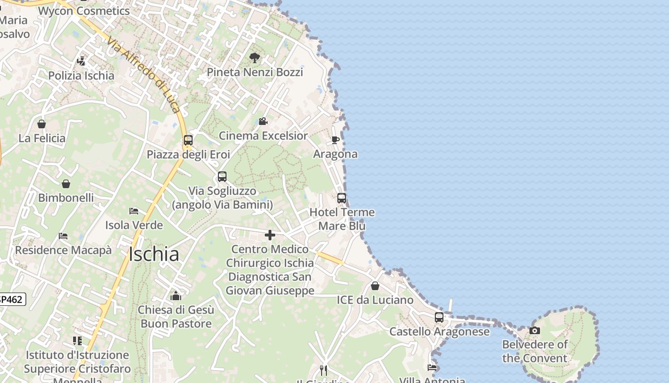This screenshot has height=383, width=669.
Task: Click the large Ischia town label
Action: point(154,254)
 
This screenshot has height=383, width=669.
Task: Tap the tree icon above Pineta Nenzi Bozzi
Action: point(255,58)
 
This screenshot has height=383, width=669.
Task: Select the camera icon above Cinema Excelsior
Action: point(263,122)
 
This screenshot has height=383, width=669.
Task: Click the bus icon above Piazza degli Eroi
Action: point(188,140)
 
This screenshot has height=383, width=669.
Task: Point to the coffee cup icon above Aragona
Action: point(335,140)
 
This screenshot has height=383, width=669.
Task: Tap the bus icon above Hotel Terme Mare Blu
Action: point(342,198)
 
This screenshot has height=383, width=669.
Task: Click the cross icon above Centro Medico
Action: point(270,235)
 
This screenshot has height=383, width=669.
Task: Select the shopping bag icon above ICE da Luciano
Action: point(375,286)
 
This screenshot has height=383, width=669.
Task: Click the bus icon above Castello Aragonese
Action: point(439,317)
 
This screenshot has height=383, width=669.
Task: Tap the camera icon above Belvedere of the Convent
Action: point(535,330)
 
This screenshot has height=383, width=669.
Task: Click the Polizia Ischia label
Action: point(81,76)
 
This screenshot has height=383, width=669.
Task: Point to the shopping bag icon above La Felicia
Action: point(42,124)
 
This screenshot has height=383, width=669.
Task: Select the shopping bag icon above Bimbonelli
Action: point(66,184)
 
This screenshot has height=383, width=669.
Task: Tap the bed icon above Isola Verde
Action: point(134,211)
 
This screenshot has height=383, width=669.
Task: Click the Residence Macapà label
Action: point(63,250)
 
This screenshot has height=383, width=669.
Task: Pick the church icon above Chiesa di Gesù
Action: point(176,296)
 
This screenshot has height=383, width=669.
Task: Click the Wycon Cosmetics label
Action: point(84,11)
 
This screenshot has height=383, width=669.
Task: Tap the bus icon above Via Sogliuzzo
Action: point(222,177)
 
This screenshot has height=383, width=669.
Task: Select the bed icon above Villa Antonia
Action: point(432,368)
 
